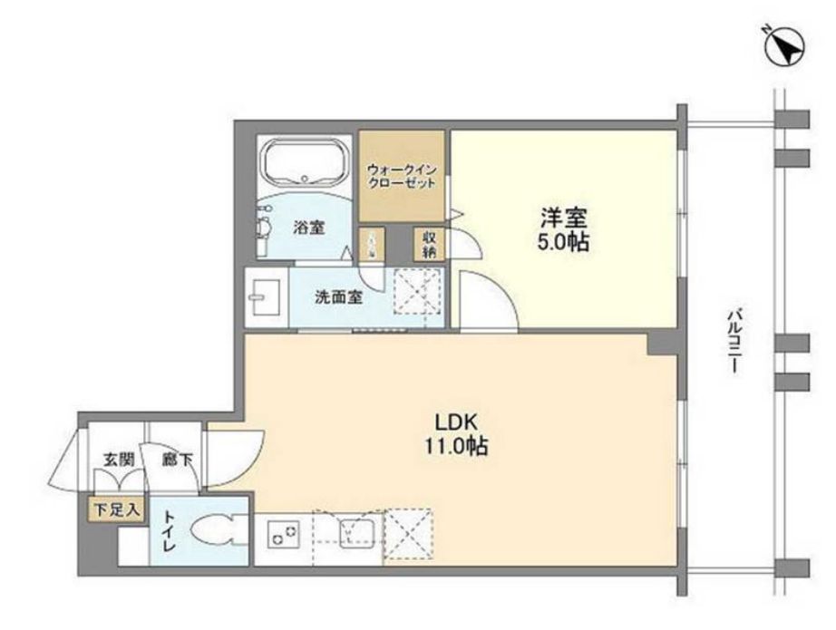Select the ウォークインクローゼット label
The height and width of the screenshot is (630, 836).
click(x=401, y=175)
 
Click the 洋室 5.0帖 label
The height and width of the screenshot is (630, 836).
click(x=564, y=230)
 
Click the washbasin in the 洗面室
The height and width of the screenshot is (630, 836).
click(x=267, y=296)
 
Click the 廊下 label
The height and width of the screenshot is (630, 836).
click(x=177, y=460)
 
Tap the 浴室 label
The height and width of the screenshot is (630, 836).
click(x=308, y=228)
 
